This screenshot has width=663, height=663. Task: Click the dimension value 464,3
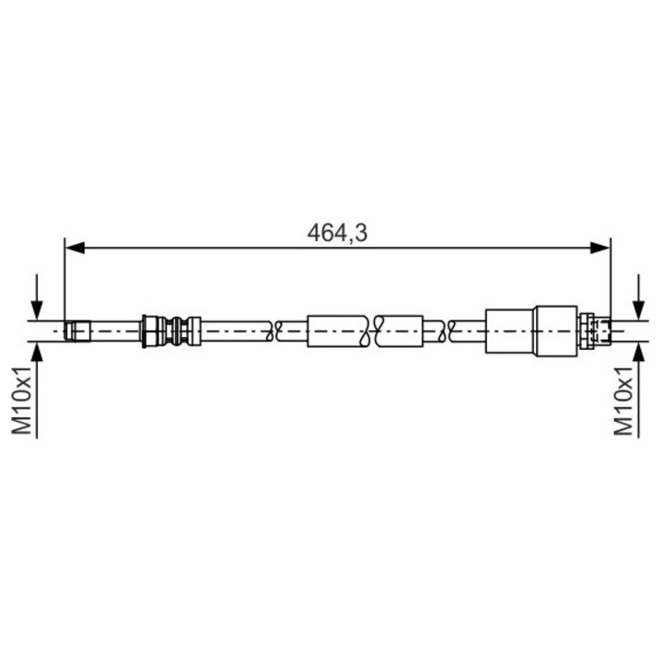[x=337, y=233]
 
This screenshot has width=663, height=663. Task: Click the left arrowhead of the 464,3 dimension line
[x=76, y=248]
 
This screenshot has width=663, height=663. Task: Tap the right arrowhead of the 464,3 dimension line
[x=600, y=248]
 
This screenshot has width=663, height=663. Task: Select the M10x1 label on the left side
[x=22, y=400]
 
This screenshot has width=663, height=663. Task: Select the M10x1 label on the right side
[x=624, y=400]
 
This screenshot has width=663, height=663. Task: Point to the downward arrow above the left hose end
[x=37, y=297]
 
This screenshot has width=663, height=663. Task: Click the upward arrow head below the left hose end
[x=37, y=352]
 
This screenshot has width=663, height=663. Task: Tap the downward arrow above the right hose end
[x=638, y=297]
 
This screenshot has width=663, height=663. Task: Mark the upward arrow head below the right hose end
[x=638, y=352]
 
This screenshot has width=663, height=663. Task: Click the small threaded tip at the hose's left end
[x=77, y=331]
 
